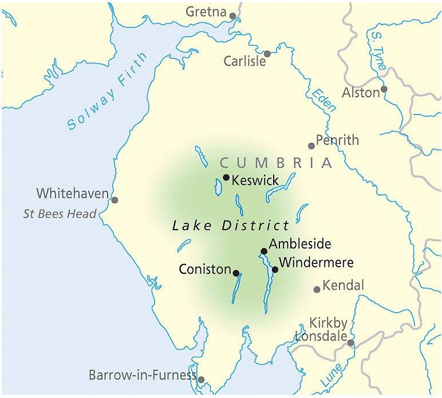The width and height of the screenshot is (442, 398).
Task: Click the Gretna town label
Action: [207, 11]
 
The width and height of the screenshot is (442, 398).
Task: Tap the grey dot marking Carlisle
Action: [267, 54]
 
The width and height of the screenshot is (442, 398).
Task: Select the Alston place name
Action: [361, 92]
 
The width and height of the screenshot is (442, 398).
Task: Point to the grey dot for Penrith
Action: [311, 145]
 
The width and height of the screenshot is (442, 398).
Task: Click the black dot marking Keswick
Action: [226, 177]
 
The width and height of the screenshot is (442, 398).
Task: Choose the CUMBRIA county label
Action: [276, 163]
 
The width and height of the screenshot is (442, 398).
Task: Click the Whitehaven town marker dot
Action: [115, 200]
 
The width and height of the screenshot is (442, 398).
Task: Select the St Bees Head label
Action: [60, 214]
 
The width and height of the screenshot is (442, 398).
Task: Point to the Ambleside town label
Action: [300, 245]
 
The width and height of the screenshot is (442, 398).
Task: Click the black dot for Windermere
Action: [275, 269]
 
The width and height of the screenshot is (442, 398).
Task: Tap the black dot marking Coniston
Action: [236, 273]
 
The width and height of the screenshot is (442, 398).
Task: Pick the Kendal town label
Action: [344, 285]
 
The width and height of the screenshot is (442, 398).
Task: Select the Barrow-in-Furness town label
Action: [142, 376]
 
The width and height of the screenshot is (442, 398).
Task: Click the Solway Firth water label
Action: [107, 92]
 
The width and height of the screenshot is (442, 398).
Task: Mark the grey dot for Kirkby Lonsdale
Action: [351, 343]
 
